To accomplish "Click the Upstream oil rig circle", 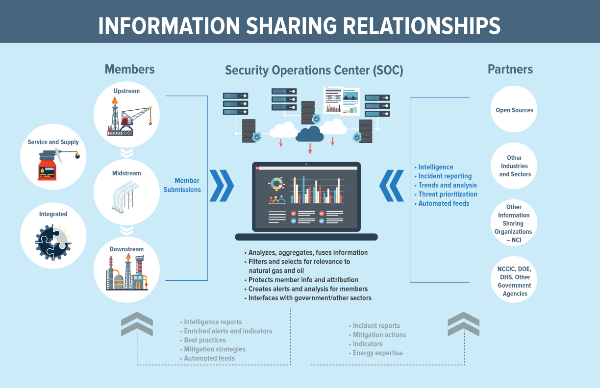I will pyautogui.click(x=126, y=116).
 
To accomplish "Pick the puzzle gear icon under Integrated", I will pyautogui.click(x=53, y=240).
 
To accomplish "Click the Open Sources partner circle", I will pyautogui.click(x=514, y=110).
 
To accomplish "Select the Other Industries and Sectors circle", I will pyautogui.click(x=514, y=166).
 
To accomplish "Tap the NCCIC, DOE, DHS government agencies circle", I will pyautogui.click(x=514, y=281).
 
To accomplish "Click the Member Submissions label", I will pyautogui.click(x=182, y=185).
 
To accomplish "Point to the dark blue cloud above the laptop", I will pyautogui.click(x=310, y=133).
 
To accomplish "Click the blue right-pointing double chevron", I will pyautogui.click(x=222, y=186).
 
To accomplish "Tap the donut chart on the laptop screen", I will pyautogui.click(x=277, y=184).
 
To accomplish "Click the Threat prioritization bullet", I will pyautogui.click(x=448, y=194).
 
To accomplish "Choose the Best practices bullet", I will pyautogui.click(x=205, y=340).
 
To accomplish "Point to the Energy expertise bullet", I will pyautogui.click(x=377, y=353).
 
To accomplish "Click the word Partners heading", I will pyautogui.click(x=510, y=70).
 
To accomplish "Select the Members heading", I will pyautogui.click(x=129, y=70).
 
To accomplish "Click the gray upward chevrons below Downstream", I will pyautogui.click(x=137, y=324).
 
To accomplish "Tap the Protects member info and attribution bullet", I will pyautogui.click(x=303, y=280).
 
